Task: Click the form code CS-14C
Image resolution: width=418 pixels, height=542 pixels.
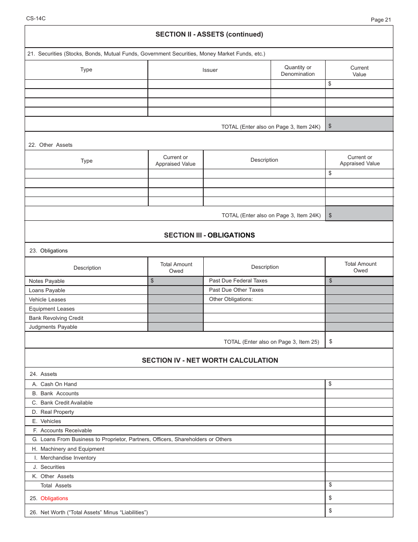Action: point(36,19)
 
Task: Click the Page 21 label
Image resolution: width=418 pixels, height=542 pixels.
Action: point(381,19)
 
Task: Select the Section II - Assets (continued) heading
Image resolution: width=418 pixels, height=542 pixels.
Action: point(209,34)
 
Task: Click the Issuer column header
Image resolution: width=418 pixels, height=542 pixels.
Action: point(210,70)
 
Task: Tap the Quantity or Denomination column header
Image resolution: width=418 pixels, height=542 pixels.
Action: point(298,71)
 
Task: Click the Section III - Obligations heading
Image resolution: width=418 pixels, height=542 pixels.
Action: point(209,235)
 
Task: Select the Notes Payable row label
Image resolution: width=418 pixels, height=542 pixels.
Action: point(47,281)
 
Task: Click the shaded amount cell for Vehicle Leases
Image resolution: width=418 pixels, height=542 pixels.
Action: point(176,300)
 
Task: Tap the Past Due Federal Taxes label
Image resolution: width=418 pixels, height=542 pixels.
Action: point(238,281)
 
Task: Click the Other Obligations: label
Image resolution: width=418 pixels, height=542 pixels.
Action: point(231,299)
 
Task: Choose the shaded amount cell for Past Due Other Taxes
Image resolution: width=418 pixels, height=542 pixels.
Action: point(359,290)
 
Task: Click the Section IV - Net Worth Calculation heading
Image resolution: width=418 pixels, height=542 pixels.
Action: point(210,360)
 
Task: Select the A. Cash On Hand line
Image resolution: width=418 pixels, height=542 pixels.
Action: point(55,384)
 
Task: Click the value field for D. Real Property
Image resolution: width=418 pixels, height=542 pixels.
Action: point(359,412)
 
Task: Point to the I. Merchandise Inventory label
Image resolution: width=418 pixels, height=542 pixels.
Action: point(64,458)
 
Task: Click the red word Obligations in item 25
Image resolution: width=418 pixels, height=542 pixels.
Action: point(54,498)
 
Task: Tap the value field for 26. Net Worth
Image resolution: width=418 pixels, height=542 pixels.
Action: point(359,511)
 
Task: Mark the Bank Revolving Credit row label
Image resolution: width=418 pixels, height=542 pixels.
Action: point(56,318)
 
